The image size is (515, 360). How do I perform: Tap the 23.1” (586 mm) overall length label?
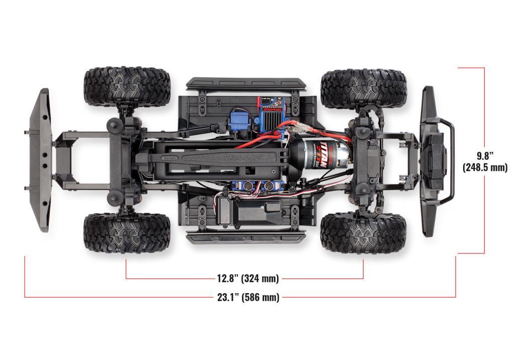248,297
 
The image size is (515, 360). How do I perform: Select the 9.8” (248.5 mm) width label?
485,160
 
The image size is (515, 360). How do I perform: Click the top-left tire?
127,86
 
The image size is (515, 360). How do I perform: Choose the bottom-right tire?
363,232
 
